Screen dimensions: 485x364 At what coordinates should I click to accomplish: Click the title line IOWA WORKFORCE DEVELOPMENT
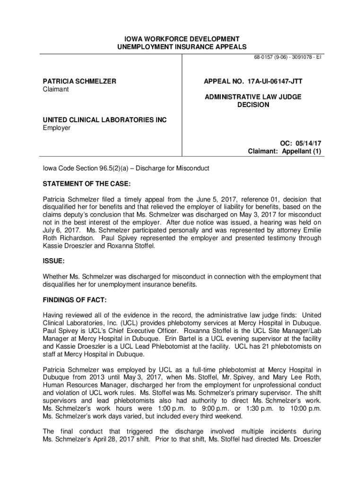coord(182,39)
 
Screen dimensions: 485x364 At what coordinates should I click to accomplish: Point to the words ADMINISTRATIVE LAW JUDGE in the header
coord(253,97)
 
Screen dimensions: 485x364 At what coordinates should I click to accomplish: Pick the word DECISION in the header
coord(253,105)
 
